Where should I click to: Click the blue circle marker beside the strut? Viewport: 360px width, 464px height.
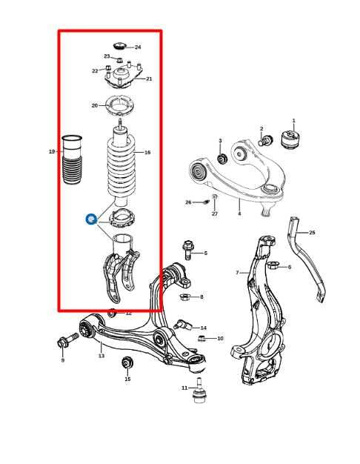[x=90, y=219]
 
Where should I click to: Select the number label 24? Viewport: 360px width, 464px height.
[x=138, y=47]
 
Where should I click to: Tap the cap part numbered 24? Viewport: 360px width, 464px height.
[x=120, y=47]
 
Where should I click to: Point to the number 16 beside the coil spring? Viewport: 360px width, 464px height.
[x=147, y=153]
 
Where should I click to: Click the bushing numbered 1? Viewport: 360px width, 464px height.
[x=292, y=139]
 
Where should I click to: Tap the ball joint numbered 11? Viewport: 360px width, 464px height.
[x=199, y=393]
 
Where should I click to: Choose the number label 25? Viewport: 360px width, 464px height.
[x=312, y=233]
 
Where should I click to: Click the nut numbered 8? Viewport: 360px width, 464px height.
[x=186, y=296]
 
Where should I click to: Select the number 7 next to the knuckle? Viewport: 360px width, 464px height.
[x=238, y=273]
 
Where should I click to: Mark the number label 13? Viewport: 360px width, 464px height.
[x=101, y=356]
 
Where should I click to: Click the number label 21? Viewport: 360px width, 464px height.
[x=149, y=79]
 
